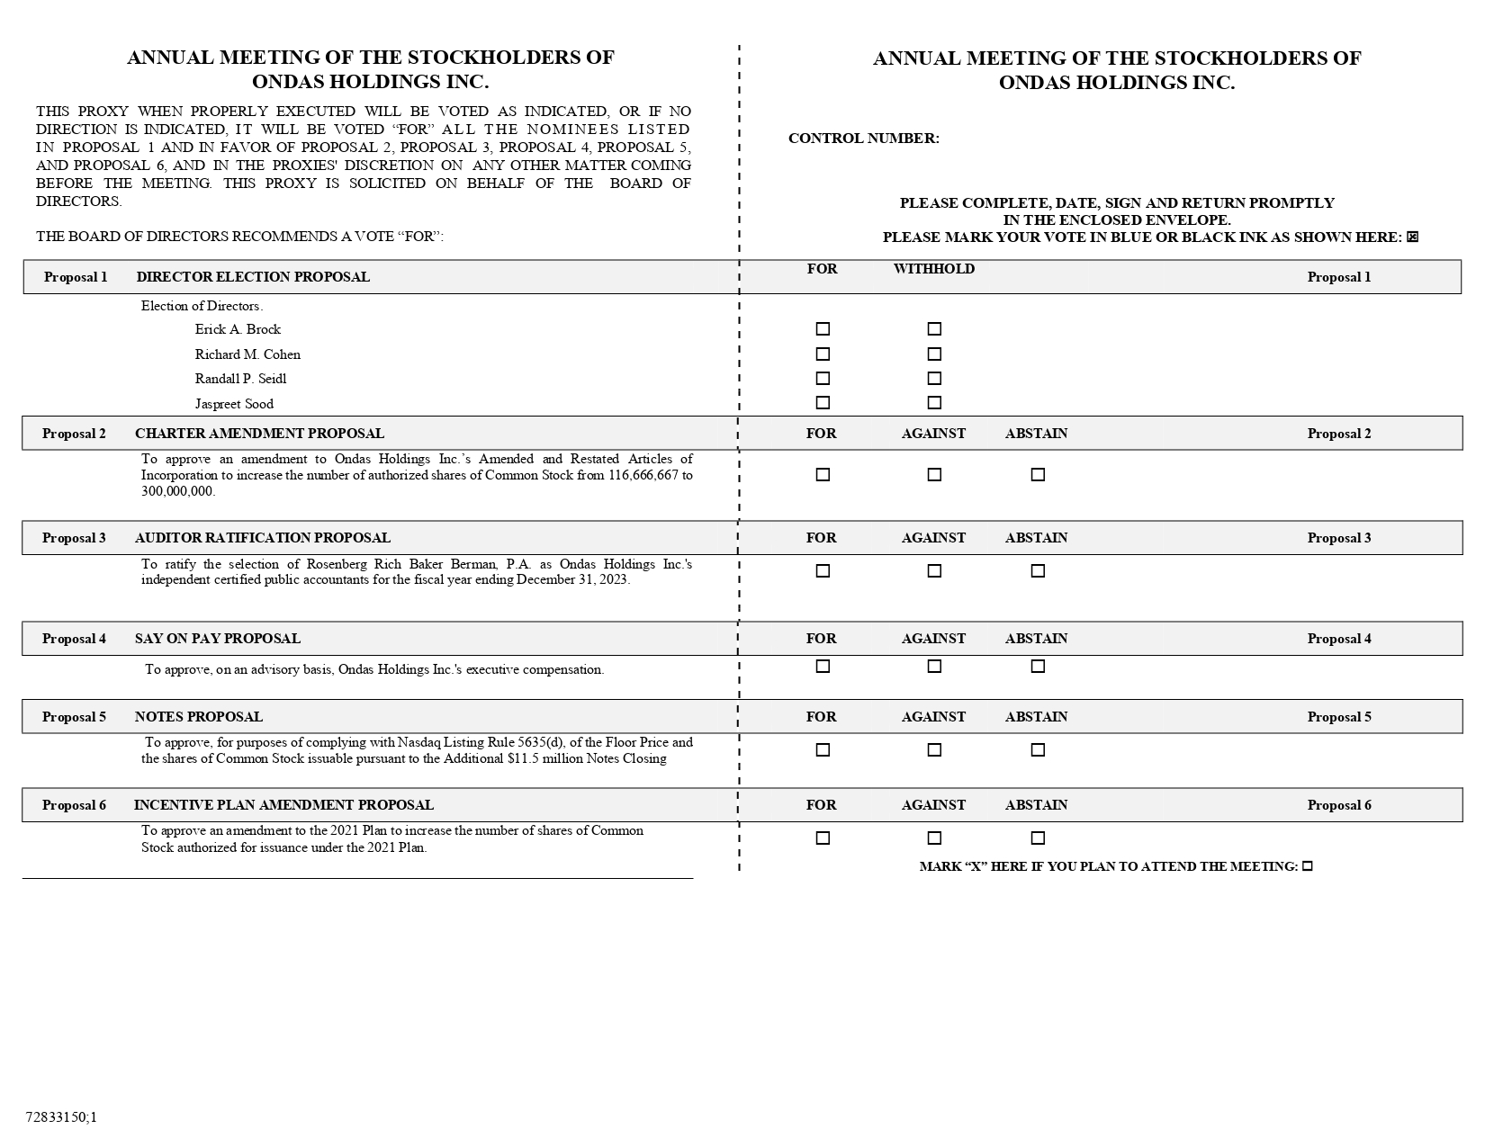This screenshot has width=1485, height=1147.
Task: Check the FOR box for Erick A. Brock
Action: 823,329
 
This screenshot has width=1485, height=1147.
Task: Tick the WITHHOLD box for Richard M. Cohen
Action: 934,354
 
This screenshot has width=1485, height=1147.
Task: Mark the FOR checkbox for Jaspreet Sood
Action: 823,403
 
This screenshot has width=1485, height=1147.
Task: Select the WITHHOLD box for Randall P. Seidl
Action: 934,379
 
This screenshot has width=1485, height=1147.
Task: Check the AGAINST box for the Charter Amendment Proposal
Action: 934,475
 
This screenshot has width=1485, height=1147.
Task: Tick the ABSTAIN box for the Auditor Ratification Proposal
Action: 1038,571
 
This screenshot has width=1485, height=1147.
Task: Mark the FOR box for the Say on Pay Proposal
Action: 823,667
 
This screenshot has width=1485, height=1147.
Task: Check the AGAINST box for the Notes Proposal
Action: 934,750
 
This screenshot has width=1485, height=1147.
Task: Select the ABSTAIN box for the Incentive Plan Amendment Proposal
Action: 1038,838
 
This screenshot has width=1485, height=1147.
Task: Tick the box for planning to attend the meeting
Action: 1308,866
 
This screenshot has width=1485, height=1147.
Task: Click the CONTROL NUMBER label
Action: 863,139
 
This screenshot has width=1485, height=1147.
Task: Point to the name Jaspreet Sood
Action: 234,404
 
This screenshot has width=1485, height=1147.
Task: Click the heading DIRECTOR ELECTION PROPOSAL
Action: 253,277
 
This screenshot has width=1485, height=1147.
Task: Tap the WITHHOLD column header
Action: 933,269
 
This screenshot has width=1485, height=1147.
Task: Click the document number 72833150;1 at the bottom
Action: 61,1117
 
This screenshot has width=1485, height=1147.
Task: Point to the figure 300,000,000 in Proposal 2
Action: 178,491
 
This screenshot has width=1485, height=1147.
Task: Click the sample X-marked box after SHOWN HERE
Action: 1412,237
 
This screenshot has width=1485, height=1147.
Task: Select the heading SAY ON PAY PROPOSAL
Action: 218,639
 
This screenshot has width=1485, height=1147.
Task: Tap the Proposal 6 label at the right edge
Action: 1339,805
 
